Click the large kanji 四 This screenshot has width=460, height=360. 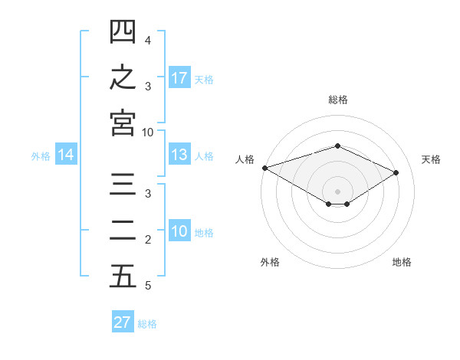(123, 31)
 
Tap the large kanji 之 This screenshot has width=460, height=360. (123, 77)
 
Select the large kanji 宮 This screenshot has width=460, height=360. (123, 123)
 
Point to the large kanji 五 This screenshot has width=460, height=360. (123, 276)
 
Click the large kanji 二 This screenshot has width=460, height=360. (123, 231)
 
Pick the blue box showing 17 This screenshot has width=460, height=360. (179, 77)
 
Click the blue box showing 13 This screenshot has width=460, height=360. (179, 154)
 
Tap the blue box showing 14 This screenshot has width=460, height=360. (66, 154)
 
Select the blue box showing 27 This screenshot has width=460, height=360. (123, 321)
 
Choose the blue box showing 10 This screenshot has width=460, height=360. (179, 230)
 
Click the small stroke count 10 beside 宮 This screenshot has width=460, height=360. (147, 133)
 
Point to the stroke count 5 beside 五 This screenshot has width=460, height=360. (148, 286)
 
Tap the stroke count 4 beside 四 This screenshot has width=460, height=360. (148, 41)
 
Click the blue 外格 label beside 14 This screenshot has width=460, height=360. (41, 156)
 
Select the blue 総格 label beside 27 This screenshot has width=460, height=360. (147, 324)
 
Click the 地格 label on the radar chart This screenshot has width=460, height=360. (402, 262)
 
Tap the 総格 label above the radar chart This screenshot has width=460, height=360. (338, 100)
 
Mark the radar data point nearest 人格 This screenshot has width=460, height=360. (265, 168)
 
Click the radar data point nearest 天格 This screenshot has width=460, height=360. (396, 172)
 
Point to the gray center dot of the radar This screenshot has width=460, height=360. (337, 191)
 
